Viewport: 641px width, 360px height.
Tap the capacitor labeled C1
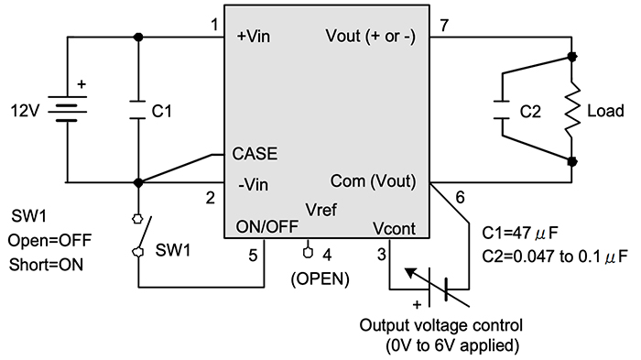point(138,110)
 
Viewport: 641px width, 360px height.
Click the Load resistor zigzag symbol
point(571,110)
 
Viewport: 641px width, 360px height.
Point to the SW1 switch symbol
point(138,236)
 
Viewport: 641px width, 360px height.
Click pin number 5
point(253,256)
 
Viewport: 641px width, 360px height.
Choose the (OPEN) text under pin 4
point(320,278)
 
